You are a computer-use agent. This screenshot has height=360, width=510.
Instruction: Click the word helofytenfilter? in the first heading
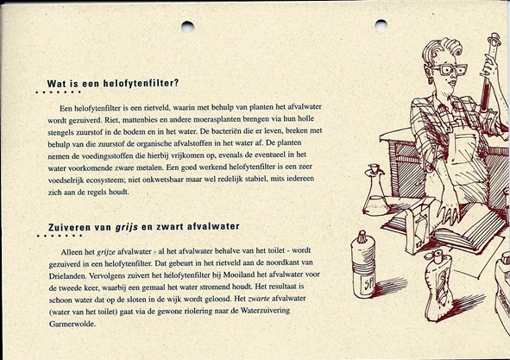tap(142, 84)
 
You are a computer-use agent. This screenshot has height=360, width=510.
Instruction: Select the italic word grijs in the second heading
tap(127, 227)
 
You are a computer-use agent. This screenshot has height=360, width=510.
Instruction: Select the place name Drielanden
tap(67, 275)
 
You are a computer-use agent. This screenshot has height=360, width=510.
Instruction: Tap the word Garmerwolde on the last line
tap(72, 324)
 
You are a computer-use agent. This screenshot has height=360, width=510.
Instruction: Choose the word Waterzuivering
tap(265, 311)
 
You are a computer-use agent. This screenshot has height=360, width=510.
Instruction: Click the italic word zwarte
tap(259, 299)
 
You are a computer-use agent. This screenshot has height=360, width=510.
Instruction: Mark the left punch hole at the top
tap(187, 27)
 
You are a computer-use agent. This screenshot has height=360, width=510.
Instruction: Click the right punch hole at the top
tap(381, 26)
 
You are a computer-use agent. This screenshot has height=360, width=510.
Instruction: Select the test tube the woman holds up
tap(489, 72)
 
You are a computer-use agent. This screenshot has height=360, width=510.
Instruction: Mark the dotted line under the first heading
tap(59, 92)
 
